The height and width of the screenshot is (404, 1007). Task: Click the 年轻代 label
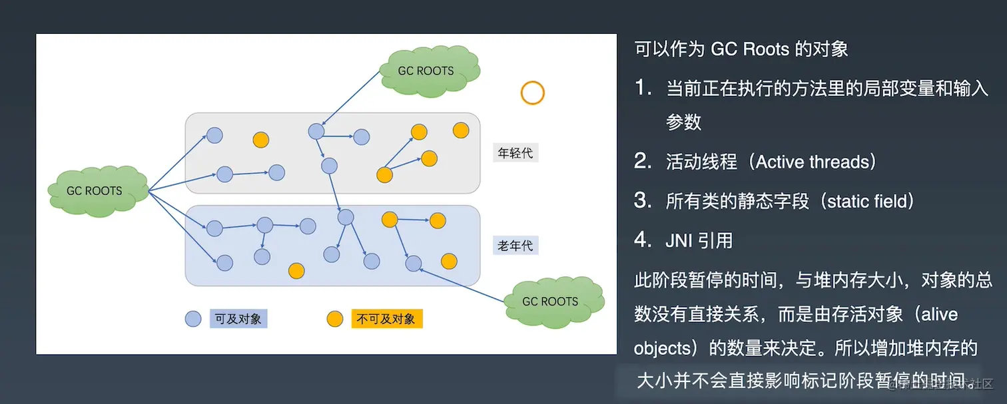click(515, 153)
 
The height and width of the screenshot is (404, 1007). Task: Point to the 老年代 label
click(515, 246)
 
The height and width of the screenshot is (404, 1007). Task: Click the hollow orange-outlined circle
click(532, 93)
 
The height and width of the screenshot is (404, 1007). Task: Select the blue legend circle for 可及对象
click(192, 319)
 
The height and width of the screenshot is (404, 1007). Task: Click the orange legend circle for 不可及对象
click(334, 319)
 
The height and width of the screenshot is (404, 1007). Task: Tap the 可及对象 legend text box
click(238, 319)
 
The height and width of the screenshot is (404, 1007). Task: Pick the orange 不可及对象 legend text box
click(386, 319)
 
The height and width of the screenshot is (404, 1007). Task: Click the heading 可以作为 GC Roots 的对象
click(741, 49)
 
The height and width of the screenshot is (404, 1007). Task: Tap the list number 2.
click(642, 162)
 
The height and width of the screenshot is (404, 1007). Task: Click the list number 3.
click(642, 201)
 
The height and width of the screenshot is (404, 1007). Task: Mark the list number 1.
click(642, 89)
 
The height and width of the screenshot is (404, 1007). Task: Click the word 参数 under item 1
click(683, 122)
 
